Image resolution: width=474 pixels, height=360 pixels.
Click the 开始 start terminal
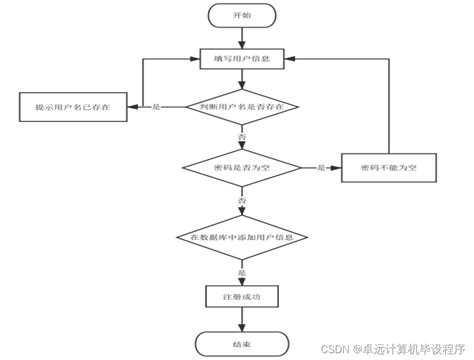(x=242, y=16)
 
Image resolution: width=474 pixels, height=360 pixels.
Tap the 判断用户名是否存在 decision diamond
(x=242, y=106)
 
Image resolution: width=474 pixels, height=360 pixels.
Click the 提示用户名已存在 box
(x=72, y=107)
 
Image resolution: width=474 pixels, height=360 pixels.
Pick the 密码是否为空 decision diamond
(x=242, y=168)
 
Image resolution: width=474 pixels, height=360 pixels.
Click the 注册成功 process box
(x=242, y=297)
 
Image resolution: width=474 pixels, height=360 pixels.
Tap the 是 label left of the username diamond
(x=156, y=107)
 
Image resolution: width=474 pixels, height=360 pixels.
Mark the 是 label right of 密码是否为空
(x=320, y=168)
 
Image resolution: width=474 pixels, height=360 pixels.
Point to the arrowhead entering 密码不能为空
(x=337, y=168)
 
